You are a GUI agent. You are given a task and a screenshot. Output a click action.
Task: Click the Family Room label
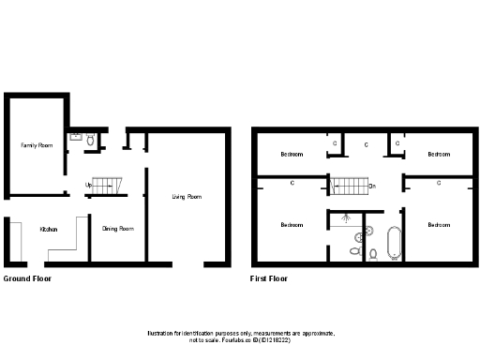pos(37,145)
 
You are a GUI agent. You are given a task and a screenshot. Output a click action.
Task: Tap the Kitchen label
pos(48,229)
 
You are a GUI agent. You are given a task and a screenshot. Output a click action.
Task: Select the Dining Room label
pos(117,229)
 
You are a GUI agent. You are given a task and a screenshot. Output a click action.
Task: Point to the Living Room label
pos(187,197)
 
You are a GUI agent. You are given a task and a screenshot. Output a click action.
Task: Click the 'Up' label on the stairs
pos(88,185)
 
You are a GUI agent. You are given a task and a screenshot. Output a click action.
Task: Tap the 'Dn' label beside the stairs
pos(372,186)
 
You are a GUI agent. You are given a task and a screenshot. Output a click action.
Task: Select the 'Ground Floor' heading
pos(27,278)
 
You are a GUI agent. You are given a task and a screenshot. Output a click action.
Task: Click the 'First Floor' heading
pos(268,278)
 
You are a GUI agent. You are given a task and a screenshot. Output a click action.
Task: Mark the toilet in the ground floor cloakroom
pos(90,140)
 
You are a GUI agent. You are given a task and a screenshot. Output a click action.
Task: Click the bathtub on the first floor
pos(395,241)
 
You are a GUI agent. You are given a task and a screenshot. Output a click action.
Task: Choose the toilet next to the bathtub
pos(373,253)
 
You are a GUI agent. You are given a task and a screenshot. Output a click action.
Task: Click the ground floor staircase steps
pos(110,185)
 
